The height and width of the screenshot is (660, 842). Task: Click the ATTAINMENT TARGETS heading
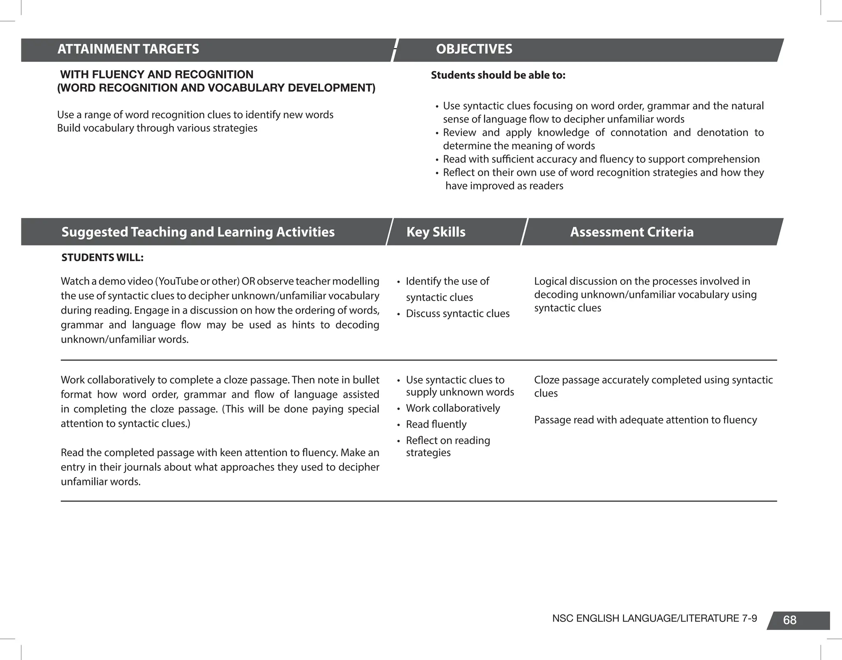(x=128, y=49)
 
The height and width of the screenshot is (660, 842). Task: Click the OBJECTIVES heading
(x=474, y=49)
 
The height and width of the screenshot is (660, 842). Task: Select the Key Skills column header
(x=436, y=232)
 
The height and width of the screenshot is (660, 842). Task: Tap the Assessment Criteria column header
(x=631, y=232)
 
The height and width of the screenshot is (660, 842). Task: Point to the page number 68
(x=789, y=620)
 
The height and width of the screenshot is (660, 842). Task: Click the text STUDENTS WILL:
(x=102, y=258)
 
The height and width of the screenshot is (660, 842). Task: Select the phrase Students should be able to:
(x=498, y=76)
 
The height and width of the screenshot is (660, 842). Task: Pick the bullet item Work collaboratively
(x=453, y=408)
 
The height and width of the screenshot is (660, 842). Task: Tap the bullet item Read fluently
(x=436, y=424)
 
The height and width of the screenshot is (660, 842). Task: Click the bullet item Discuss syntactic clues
(x=457, y=314)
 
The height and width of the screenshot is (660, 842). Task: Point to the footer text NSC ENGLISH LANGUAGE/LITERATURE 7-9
(x=654, y=618)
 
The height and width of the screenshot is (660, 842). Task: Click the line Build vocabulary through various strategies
(x=157, y=128)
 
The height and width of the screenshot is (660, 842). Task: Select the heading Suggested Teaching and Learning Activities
(x=198, y=232)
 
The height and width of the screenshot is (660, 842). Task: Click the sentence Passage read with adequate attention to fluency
(x=645, y=420)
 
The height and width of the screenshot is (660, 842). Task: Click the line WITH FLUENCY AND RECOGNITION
(x=157, y=75)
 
